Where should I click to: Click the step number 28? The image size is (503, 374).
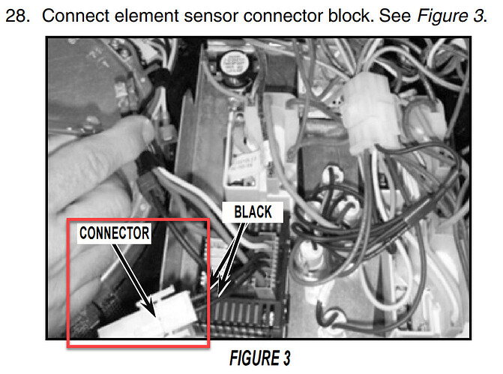click(17, 16)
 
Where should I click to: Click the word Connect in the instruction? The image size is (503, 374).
click(76, 16)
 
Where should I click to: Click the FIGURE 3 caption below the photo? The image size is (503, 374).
click(260, 358)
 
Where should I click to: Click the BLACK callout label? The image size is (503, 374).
click(253, 212)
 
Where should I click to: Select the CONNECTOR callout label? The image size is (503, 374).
click(114, 233)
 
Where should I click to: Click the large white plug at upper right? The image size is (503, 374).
click(370, 112)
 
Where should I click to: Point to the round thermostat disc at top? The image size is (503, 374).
click(234, 65)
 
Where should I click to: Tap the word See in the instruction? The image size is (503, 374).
click(395, 16)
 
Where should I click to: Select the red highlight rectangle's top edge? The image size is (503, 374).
click(138, 220)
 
